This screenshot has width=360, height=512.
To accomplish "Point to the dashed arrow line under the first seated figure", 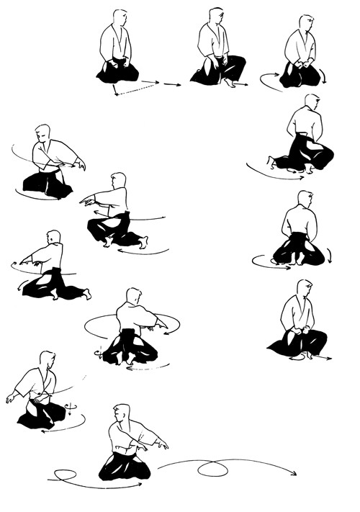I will click(x=137, y=89).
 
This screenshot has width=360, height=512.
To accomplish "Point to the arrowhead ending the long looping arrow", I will click(x=295, y=474).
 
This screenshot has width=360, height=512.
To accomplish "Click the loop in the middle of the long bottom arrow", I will click(x=212, y=470).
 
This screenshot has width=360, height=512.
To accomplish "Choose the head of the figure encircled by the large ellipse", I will click(x=133, y=296).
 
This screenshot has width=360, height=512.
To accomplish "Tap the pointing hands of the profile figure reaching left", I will click(x=86, y=202).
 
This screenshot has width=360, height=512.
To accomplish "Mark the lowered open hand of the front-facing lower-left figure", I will click(x=10, y=398).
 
